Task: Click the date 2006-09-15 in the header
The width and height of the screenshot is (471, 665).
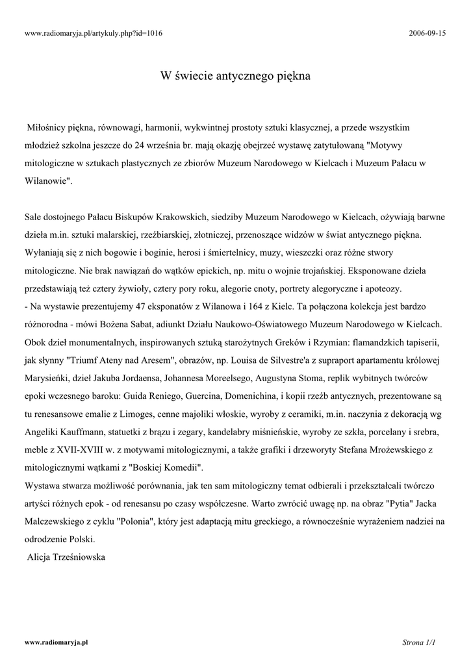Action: [x=428, y=33]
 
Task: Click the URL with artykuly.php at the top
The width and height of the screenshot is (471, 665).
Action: [x=94, y=33]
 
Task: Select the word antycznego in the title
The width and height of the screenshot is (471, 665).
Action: [x=244, y=76]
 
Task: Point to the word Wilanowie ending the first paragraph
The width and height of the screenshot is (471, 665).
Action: [x=47, y=182]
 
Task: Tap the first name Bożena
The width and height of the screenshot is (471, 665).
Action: [x=132, y=323]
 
